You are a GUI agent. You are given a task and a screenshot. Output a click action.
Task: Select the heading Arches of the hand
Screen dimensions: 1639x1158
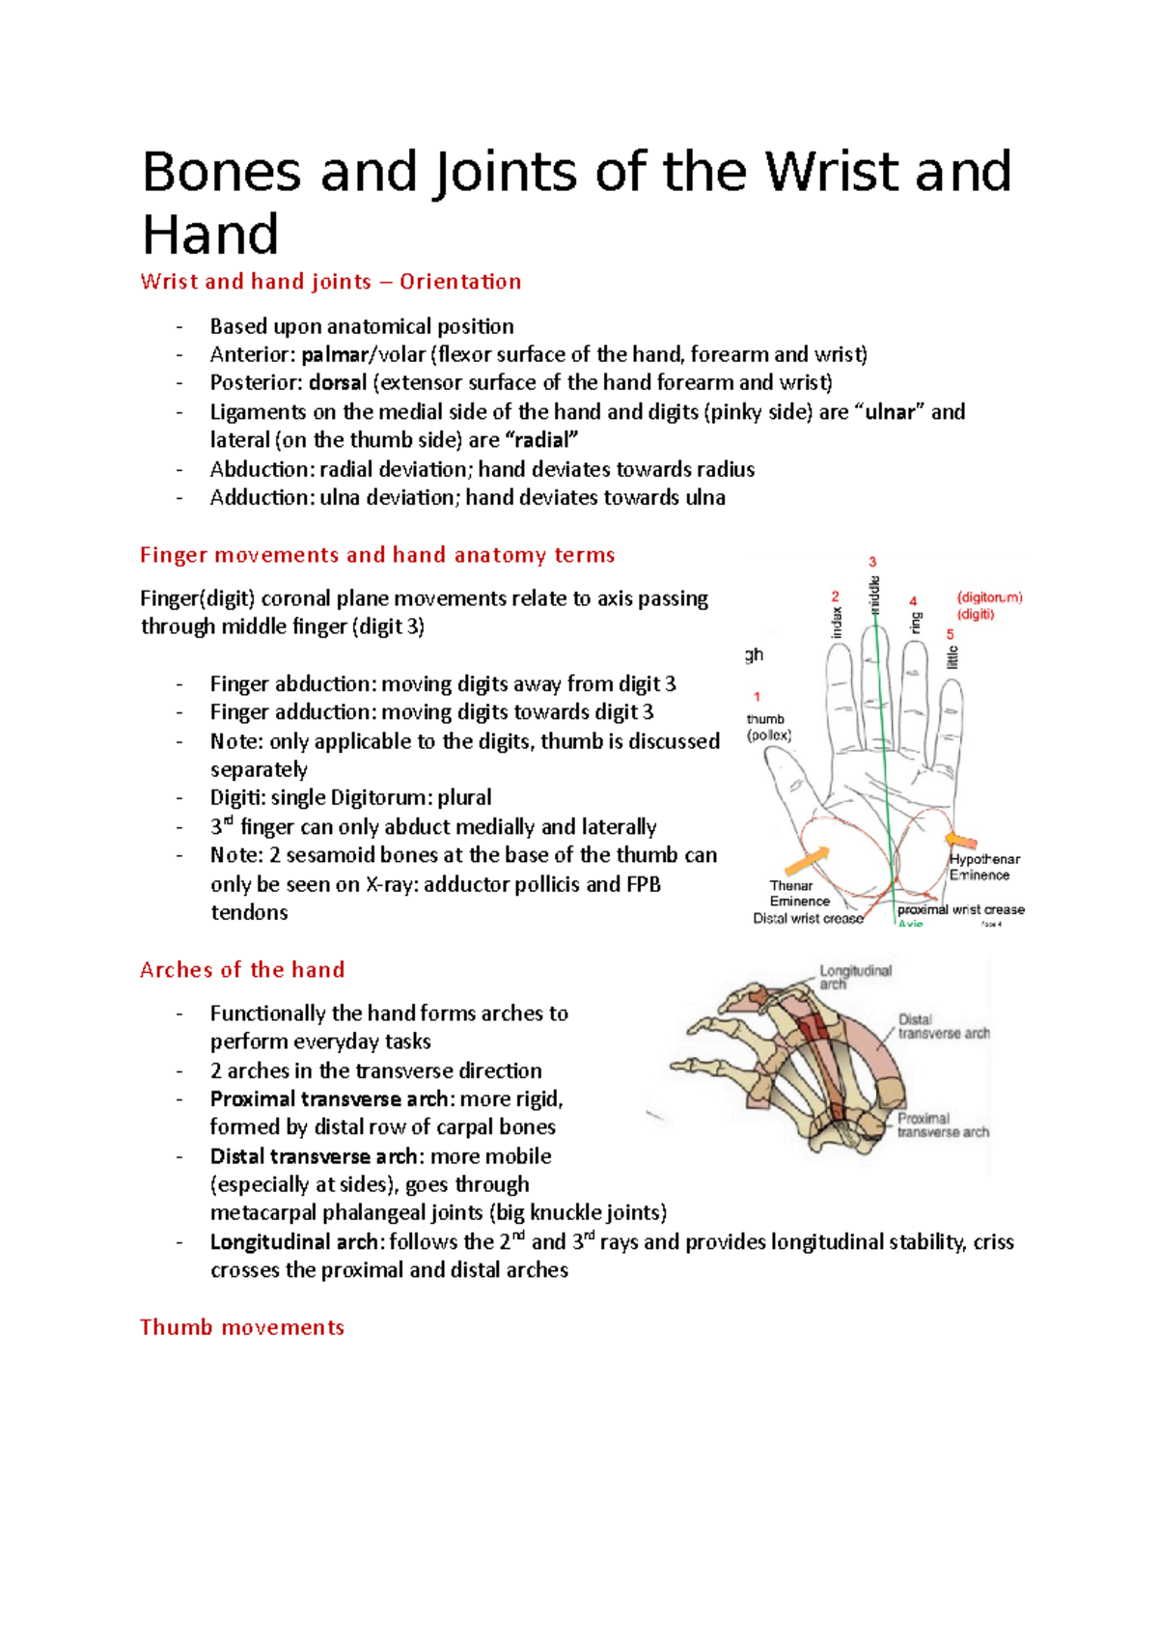242,970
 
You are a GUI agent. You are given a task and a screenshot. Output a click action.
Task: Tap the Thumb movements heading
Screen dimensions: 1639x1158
242,1327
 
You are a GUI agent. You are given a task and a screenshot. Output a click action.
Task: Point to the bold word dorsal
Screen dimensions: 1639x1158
338,382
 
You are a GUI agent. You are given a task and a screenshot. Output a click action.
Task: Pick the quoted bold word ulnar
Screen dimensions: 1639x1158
889,412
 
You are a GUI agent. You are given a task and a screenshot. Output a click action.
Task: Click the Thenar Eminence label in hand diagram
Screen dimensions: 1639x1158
798,893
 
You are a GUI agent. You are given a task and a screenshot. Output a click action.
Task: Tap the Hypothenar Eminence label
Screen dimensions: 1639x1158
983,867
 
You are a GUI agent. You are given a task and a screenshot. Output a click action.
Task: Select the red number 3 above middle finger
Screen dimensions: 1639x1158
872,562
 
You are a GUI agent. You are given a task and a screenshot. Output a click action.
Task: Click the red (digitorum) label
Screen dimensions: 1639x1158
989,597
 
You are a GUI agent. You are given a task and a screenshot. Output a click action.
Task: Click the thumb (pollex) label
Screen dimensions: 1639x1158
768,727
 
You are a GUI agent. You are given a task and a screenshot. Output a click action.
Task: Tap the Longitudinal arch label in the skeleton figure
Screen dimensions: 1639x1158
855,977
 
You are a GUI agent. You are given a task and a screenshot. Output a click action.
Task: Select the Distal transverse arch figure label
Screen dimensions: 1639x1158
943,1026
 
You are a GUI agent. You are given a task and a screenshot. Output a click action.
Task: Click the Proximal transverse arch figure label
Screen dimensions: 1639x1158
942,1125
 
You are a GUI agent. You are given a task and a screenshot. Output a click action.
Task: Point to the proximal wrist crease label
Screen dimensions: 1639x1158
960,909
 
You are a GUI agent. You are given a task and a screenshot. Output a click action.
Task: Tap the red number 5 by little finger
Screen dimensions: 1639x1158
950,634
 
